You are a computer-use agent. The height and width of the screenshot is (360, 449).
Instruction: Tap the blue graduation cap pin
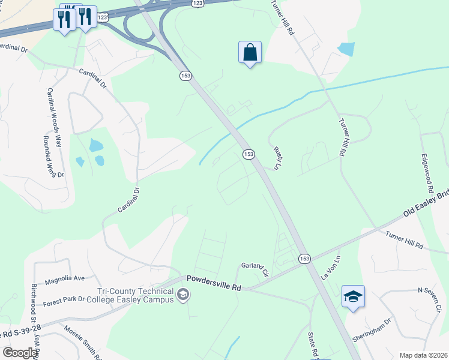[353, 296]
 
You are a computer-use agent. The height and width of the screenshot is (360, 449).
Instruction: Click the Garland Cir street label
[255, 268]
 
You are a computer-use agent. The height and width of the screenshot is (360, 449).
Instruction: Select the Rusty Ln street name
[277, 158]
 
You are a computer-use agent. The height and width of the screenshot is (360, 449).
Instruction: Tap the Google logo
[20, 353]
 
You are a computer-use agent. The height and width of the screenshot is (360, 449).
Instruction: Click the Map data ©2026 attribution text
[423, 355]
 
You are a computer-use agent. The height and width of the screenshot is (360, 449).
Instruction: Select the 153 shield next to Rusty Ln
[249, 155]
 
